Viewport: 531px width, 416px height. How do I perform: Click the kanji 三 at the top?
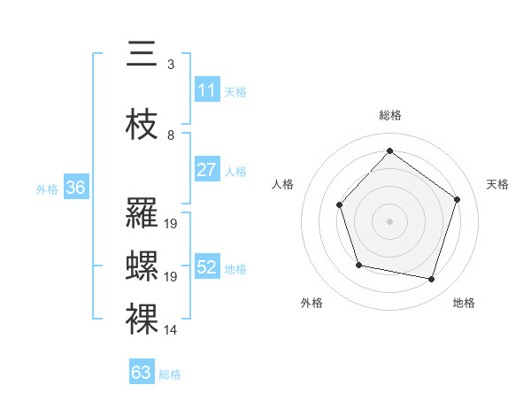tap(142, 54)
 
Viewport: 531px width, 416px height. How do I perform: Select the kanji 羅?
tap(142, 214)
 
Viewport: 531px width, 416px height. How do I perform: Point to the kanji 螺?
tap(142, 266)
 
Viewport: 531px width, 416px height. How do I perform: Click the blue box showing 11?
tap(206, 90)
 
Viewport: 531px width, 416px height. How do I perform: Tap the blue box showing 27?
tap(206, 170)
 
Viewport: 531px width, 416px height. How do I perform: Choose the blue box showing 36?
tap(75, 188)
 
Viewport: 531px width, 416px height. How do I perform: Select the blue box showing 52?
tap(206, 267)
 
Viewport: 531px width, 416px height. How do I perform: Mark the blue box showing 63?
tap(142, 373)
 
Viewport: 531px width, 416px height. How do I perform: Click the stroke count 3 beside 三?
tap(171, 65)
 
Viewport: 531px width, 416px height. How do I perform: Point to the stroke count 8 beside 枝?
tap(171, 135)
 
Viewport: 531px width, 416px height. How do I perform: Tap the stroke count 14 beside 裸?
tap(171, 330)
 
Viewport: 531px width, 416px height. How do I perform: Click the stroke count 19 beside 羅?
tap(171, 224)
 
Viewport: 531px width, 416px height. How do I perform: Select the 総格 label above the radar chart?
tap(389, 115)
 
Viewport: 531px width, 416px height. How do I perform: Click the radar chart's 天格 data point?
tap(458, 199)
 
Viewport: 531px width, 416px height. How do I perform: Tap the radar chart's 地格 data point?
tap(431, 280)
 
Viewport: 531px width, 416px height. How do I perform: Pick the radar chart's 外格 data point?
tap(358, 265)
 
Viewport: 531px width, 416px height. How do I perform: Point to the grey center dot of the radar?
tap(389, 220)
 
